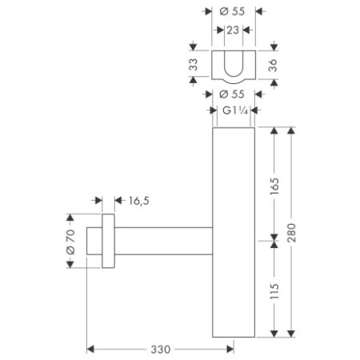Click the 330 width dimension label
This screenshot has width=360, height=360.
(162, 350)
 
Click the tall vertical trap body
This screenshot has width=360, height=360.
(233, 232)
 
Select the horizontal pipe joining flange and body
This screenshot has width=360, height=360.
(164, 239)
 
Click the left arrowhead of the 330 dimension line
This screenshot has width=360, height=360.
(90, 350)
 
